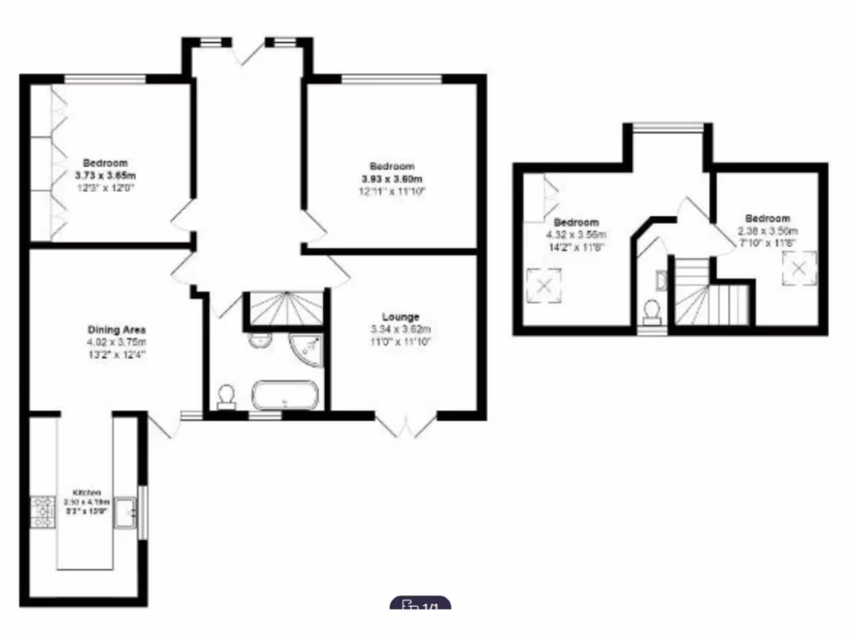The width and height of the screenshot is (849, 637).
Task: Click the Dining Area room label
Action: point(117,329)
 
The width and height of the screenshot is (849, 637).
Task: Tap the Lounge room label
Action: point(400,317)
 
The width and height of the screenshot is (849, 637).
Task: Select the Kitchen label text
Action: point(86,493)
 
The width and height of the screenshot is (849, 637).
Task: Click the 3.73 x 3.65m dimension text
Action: point(104,176)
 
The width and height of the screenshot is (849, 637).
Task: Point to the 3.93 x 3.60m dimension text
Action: point(391,179)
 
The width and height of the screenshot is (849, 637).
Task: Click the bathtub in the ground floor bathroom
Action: point(284,395)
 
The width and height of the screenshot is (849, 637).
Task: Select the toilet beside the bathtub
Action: point(225,397)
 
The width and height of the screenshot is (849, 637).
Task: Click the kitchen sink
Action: point(126,512)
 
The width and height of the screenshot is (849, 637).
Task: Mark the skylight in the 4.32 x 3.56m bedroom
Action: point(544,286)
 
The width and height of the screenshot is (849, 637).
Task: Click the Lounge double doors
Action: point(405,425)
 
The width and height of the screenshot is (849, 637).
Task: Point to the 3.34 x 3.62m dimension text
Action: point(400,329)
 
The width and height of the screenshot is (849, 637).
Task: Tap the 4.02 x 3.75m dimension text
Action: point(117,342)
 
